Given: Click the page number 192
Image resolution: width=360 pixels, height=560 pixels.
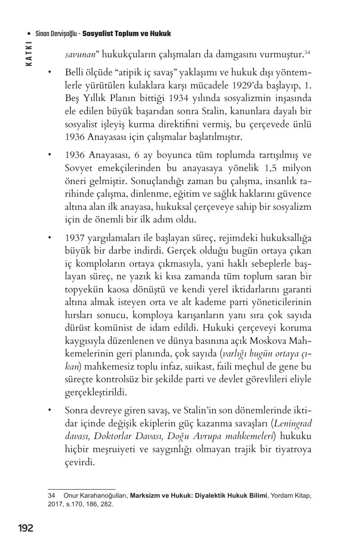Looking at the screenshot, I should (25, 528).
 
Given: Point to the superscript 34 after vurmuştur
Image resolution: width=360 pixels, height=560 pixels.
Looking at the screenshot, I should (307, 52).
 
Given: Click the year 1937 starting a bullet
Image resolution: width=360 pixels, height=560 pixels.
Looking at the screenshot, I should (74, 238).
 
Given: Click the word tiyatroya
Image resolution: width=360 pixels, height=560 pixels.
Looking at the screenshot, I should (293, 449).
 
